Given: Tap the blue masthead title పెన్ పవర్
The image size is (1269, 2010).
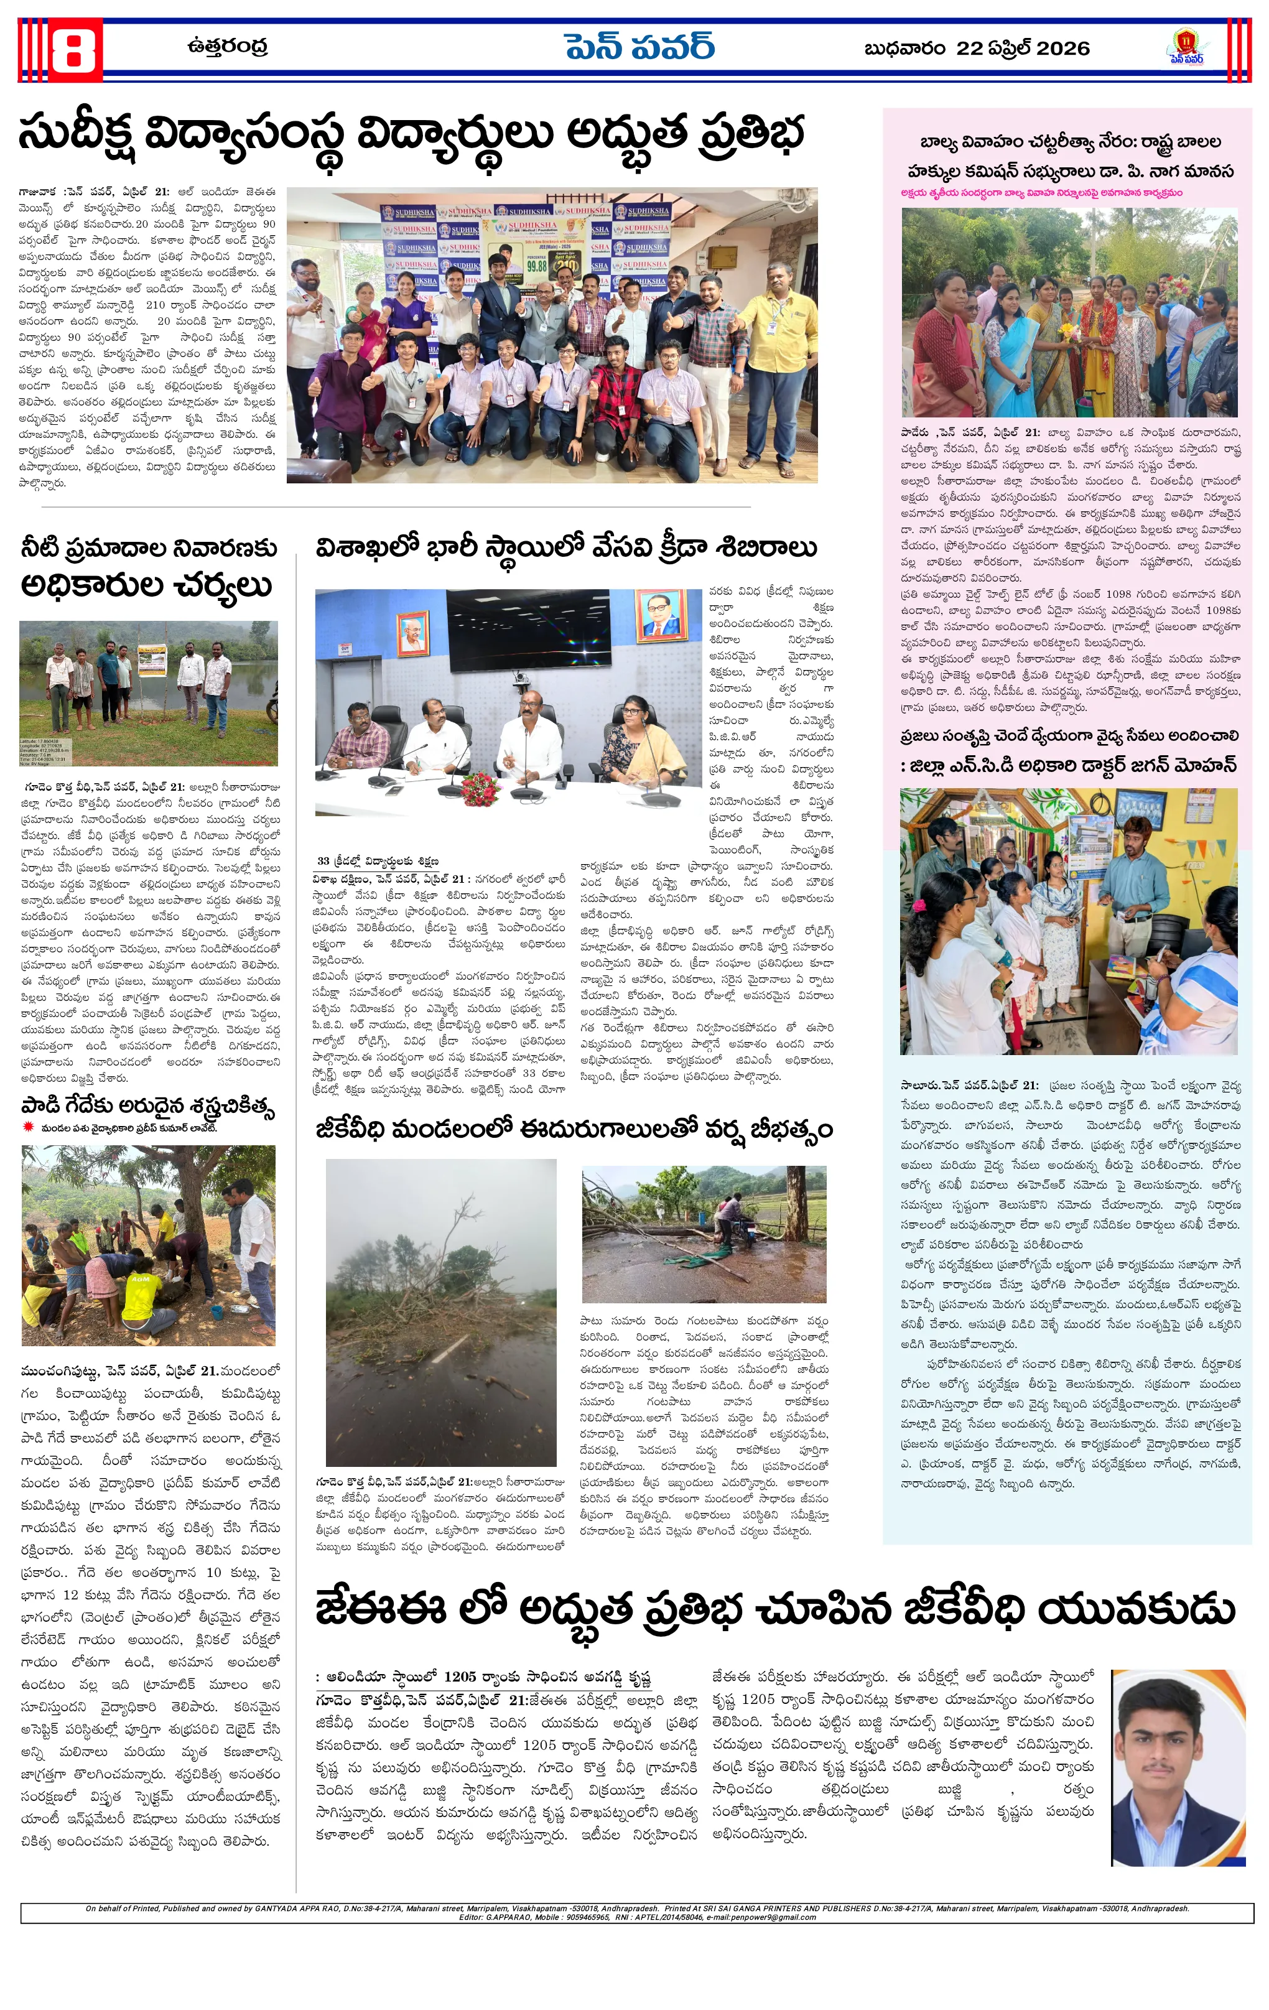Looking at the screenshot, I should pyautogui.click(x=639, y=47).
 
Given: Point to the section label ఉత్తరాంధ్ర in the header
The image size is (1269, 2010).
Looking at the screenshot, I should pyautogui.click(x=227, y=47).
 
